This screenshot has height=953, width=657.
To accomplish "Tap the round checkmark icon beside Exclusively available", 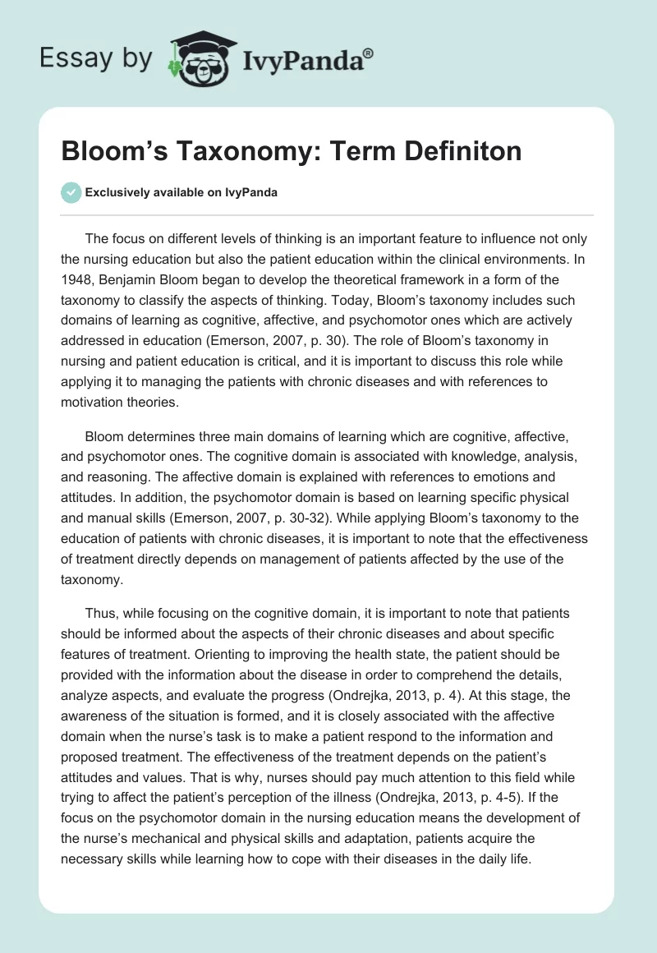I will (71, 192).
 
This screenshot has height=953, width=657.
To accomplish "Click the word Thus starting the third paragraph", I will (100, 613).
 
